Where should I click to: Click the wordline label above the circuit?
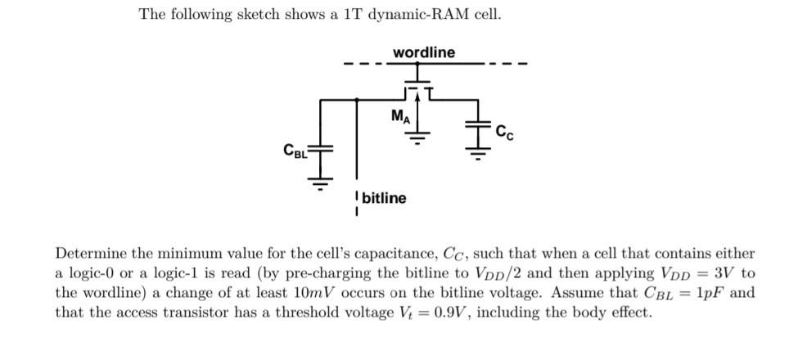pos(424,52)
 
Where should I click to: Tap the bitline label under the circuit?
pos(383,198)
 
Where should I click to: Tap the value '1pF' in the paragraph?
pos(710,293)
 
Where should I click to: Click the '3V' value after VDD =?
pos(724,273)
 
